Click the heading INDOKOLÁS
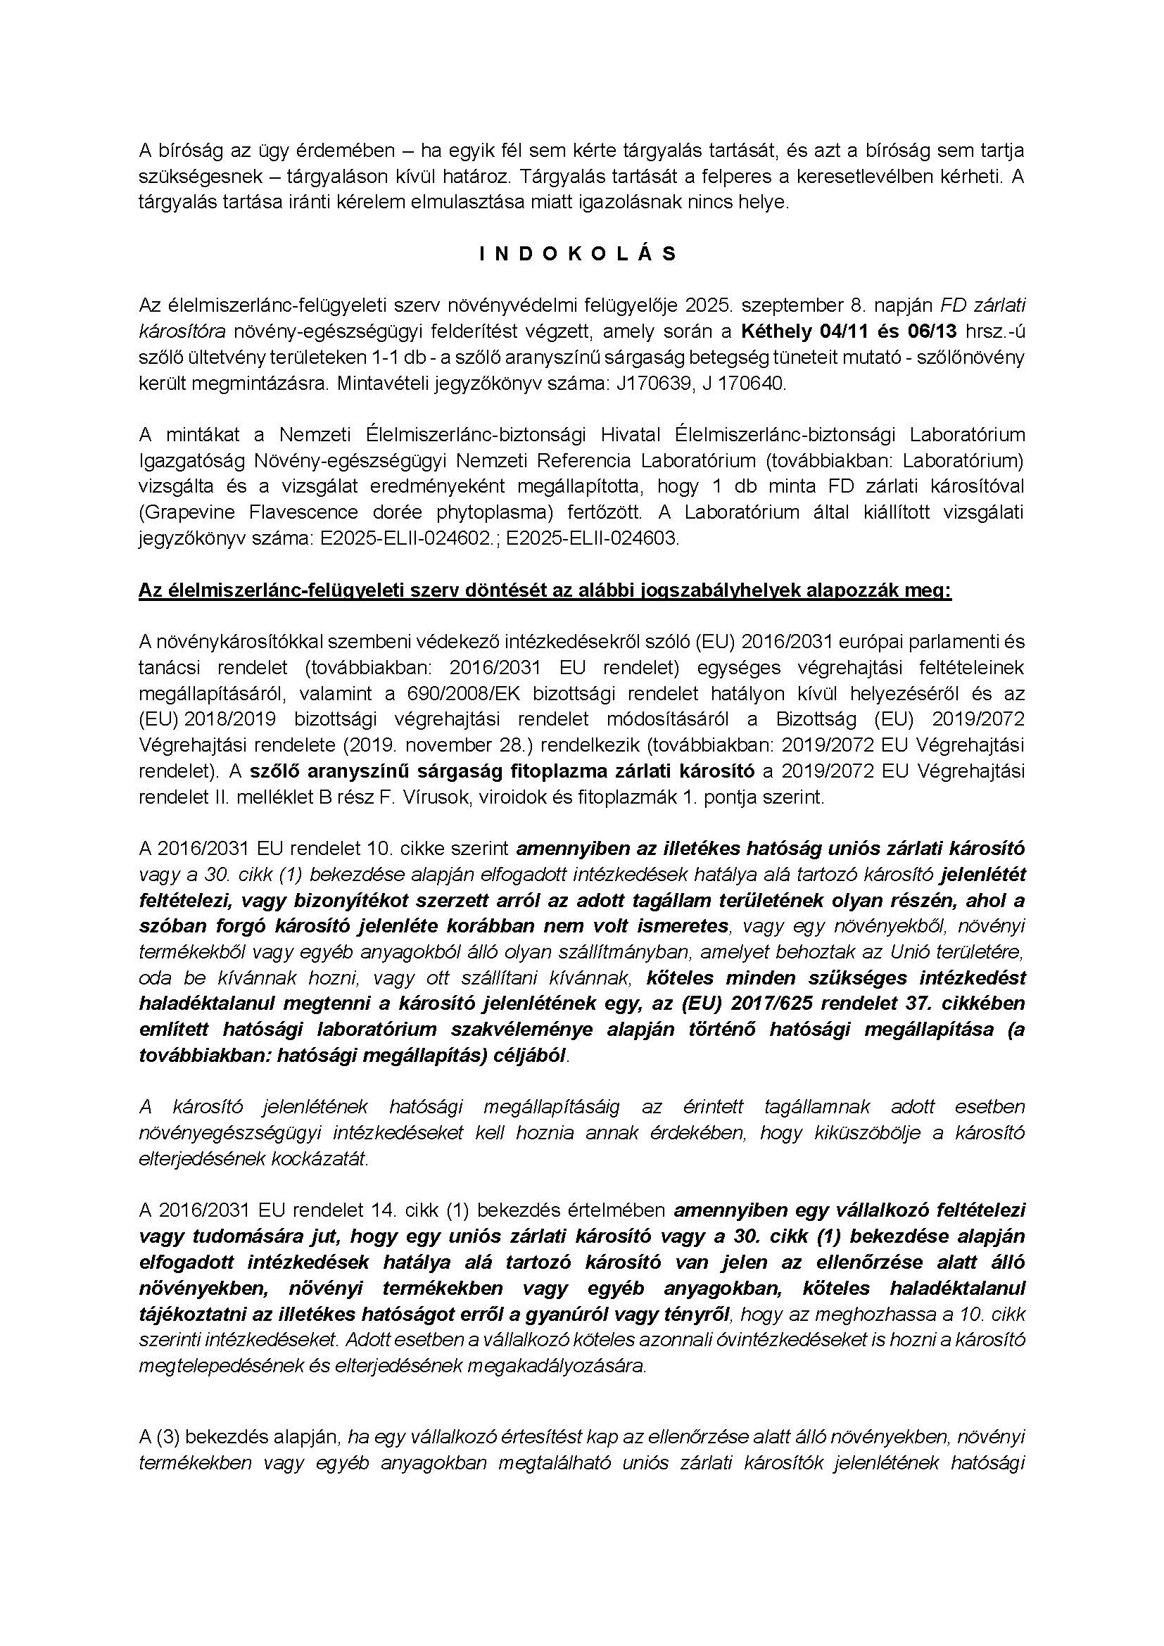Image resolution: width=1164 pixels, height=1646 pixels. [x=578, y=255]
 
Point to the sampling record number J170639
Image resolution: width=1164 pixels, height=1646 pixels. [x=647, y=384]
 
